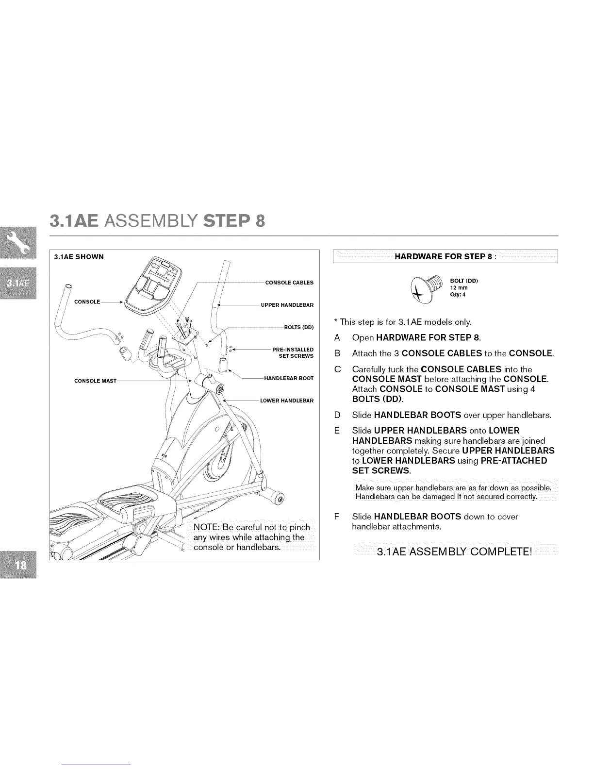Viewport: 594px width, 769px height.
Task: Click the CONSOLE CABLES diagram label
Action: [289, 283]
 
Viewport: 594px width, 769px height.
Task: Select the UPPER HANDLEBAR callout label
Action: [287, 305]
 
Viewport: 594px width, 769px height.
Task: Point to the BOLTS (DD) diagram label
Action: [299, 327]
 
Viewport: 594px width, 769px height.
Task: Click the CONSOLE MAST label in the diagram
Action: [95, 381]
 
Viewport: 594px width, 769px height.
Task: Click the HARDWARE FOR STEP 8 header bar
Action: [445, 256]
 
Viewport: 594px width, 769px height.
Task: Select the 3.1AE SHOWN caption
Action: [79, 257]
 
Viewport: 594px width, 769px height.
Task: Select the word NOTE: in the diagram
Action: [207, 528]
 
